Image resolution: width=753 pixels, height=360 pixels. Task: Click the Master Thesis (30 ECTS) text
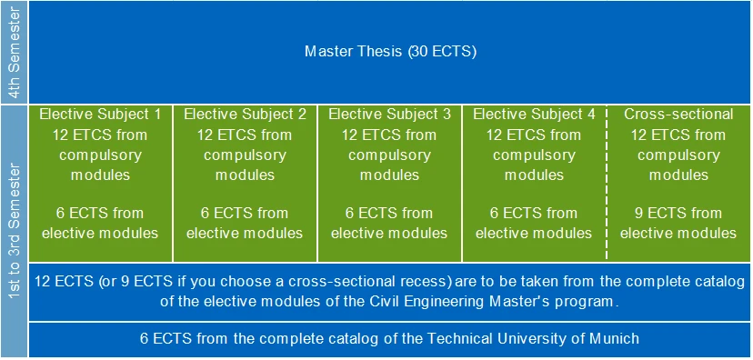point(390,51)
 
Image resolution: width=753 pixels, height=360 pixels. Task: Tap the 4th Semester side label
point(15,53)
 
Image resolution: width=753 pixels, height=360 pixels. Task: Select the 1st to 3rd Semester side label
point(15,231)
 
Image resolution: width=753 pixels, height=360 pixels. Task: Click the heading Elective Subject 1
point(100,115)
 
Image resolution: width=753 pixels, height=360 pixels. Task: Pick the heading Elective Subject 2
point(245,115)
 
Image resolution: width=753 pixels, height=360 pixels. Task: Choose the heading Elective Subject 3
point(389,115)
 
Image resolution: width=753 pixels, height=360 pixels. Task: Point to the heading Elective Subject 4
point(534,115)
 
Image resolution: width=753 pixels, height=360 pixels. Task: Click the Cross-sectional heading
point(678,115)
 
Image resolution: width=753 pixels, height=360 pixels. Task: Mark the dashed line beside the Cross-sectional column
point(607,184)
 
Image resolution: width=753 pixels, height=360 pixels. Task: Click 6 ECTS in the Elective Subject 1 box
point(71,213)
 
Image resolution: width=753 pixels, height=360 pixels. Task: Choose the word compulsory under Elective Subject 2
point(245,155)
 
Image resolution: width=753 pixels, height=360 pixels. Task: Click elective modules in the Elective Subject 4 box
point(534,233)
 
